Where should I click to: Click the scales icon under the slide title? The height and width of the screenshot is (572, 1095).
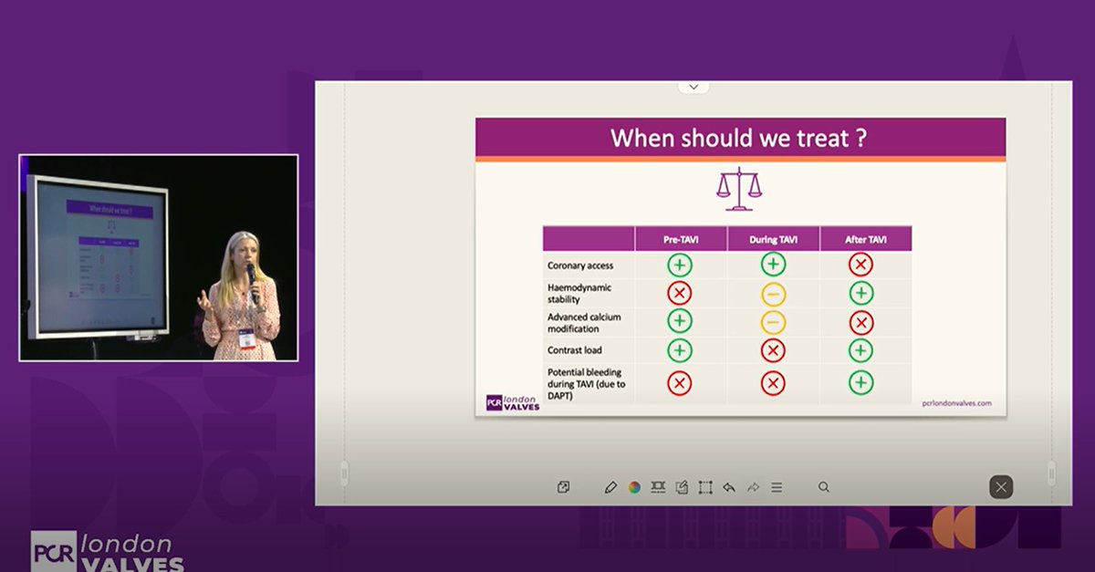[739, 189]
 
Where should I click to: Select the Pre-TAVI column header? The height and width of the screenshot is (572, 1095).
[680, 240]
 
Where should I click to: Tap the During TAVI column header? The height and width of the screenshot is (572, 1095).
[772, 240]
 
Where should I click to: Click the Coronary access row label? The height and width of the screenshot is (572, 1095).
[580, 265]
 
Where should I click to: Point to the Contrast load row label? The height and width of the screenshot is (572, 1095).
[575, 350]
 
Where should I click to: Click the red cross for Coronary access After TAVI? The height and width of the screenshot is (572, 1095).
[860, 265]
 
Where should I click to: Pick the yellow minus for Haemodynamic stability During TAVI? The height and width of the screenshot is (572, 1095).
[772, 294]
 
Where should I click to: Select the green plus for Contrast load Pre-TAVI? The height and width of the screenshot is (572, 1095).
[680, 350]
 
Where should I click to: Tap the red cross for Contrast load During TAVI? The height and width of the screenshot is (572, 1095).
[772, 351]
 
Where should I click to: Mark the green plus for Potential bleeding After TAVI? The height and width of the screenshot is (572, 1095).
[860, 383]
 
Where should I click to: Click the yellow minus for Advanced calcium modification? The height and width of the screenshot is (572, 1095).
[772, 322]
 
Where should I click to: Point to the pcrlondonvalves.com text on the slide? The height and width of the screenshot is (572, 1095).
[956, 402]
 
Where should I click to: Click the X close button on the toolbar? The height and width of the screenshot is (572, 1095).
[1001, 487]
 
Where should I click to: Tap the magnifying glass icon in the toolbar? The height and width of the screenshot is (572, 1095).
[824, 487]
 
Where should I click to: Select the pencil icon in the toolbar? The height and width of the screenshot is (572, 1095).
[610, 487]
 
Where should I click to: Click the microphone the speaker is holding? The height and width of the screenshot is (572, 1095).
[251, 274]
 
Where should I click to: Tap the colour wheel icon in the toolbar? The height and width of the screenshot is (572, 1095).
[634, 487]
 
